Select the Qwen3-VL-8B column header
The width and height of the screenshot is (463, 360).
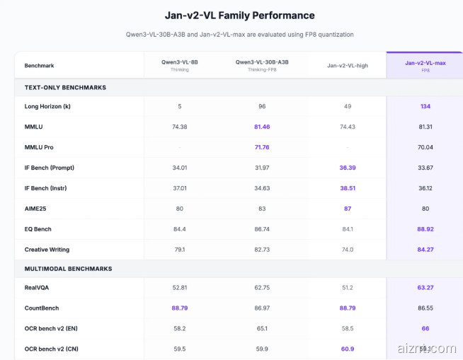180,62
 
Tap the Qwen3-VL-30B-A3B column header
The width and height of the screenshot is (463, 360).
262,62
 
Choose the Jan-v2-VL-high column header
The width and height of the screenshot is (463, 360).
347,65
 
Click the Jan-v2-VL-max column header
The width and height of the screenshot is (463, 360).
425,63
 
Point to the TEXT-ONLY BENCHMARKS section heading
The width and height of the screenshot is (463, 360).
65,87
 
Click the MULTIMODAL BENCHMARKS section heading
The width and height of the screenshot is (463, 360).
68,269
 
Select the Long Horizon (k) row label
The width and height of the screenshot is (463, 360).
48,106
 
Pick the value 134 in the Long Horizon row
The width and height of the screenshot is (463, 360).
425,106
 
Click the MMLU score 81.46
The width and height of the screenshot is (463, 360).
262,127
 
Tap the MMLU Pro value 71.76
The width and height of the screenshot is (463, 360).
262,147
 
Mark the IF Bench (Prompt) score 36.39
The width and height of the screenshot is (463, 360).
347,168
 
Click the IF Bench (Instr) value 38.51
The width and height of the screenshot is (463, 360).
347,188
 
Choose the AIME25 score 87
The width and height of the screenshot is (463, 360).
347,209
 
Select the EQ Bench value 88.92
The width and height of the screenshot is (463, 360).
425,229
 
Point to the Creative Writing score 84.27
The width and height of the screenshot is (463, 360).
425,250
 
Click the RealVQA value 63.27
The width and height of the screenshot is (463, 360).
425,288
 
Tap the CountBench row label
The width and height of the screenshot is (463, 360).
42,308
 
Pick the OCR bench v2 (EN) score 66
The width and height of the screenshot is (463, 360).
425,328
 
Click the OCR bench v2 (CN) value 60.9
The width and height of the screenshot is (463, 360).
347,349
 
